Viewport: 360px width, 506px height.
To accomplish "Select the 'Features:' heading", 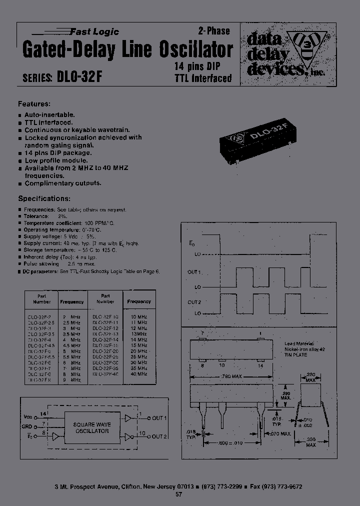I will pyautogui.click(x=34, y=104).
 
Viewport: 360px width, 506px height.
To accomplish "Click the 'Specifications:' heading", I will pyautogui.click(x=44, y=198).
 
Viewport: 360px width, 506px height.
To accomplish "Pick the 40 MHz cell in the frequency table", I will pyautogui.click(x=139, y=373).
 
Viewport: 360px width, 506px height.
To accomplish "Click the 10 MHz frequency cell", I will pyautogui.click(x=139, y=317).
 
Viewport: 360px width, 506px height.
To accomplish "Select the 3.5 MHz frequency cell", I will pyautogui.click(x=72, y=334).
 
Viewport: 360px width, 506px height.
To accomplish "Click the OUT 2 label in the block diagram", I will pyautogui.click(x=158, y=436).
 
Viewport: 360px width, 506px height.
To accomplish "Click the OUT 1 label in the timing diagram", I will pyautogui.click(x=194, y=272).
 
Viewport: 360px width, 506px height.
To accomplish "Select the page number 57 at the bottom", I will pyautogui.click(x=178, y=494).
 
